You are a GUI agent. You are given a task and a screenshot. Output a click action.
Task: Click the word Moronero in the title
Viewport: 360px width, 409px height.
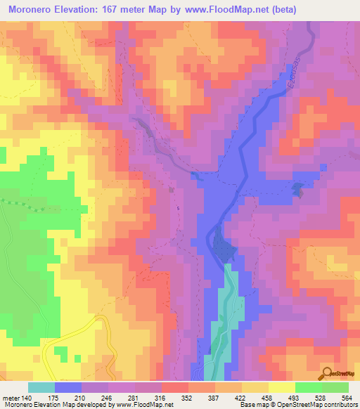point(32,10)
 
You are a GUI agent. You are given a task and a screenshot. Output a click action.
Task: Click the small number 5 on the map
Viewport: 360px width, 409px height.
point(178,208)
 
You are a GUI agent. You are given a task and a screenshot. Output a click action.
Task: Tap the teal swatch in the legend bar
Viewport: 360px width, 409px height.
point(41,387)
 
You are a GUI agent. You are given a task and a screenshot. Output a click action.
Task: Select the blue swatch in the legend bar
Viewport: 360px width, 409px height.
point(68,387)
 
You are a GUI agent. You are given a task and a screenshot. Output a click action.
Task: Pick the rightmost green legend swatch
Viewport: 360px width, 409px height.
point(335,387)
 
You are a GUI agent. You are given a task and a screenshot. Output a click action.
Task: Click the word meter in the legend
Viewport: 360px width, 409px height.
point(11,397)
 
